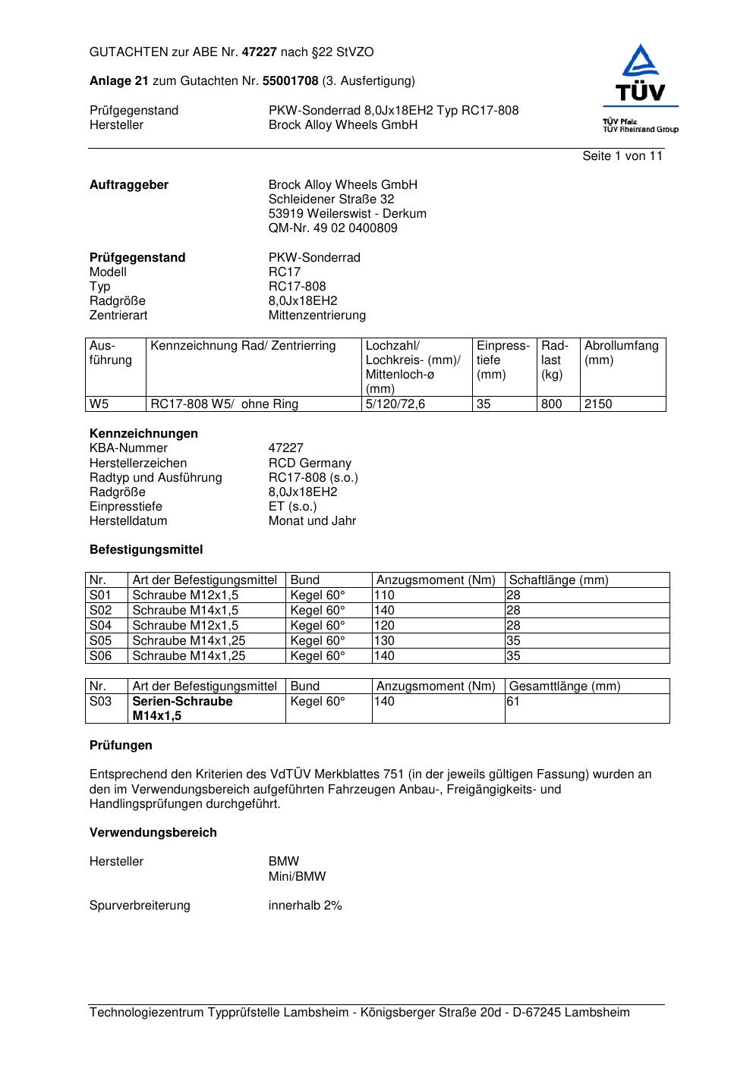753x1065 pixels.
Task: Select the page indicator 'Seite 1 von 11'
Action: [x=622, y=156]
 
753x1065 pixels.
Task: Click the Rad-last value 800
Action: [x=551, y=404]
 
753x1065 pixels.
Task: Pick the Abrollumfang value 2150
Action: [x=598, y=404]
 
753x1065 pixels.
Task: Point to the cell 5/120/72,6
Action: [x=395, y=404]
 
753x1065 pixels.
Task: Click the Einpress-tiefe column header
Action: [x=503, y=360]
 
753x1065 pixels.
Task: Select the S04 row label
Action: [x=100, y=626]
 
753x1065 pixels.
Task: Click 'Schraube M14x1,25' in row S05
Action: [x=189, y=641]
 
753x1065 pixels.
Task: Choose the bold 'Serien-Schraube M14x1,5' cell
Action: [x=182, y=708]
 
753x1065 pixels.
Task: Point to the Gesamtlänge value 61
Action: [x=513, y=702]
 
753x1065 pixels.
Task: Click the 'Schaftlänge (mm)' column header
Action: [x=559, y=580]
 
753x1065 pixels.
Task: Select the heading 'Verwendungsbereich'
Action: [x=153, y=833]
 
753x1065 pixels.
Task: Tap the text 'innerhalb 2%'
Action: [x=305, y=906]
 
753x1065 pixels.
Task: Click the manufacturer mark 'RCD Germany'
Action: [x=310, y=463]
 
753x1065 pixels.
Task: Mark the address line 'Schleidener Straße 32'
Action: [x=331, y=199]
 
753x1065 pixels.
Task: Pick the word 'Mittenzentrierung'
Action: [x=317, y=316]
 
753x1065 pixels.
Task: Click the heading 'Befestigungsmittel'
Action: [x=147, y=550]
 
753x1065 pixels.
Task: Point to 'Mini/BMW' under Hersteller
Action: [x=297, y=877]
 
